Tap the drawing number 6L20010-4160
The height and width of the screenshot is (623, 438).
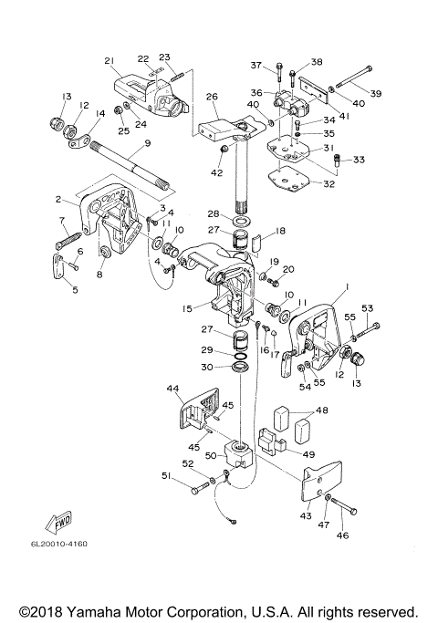[59, 544]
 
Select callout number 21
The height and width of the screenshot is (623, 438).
[109, 61]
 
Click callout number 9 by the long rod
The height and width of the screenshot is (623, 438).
[148, 143]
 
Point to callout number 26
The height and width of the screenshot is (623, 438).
[213, 97]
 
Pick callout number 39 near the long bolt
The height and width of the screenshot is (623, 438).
[376, 93]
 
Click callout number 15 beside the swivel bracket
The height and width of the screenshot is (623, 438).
[187, 308]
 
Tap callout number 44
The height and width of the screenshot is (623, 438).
[172, 389]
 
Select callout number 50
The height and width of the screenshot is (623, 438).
[211, 455]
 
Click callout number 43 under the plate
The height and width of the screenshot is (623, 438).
[306, 515]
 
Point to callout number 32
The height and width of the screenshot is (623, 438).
[328, 184]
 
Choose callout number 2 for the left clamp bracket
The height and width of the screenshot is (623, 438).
[58, 199]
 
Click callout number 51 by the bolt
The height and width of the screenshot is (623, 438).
[167, 475]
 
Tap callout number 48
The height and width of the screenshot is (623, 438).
[322, 410]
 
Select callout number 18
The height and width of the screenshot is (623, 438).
[280, 231]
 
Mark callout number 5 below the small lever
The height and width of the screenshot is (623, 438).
[75, 290]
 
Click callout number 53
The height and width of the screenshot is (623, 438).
[368, 308]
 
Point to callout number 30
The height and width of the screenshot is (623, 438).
[206, 367]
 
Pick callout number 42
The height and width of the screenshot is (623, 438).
[217, 172]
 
